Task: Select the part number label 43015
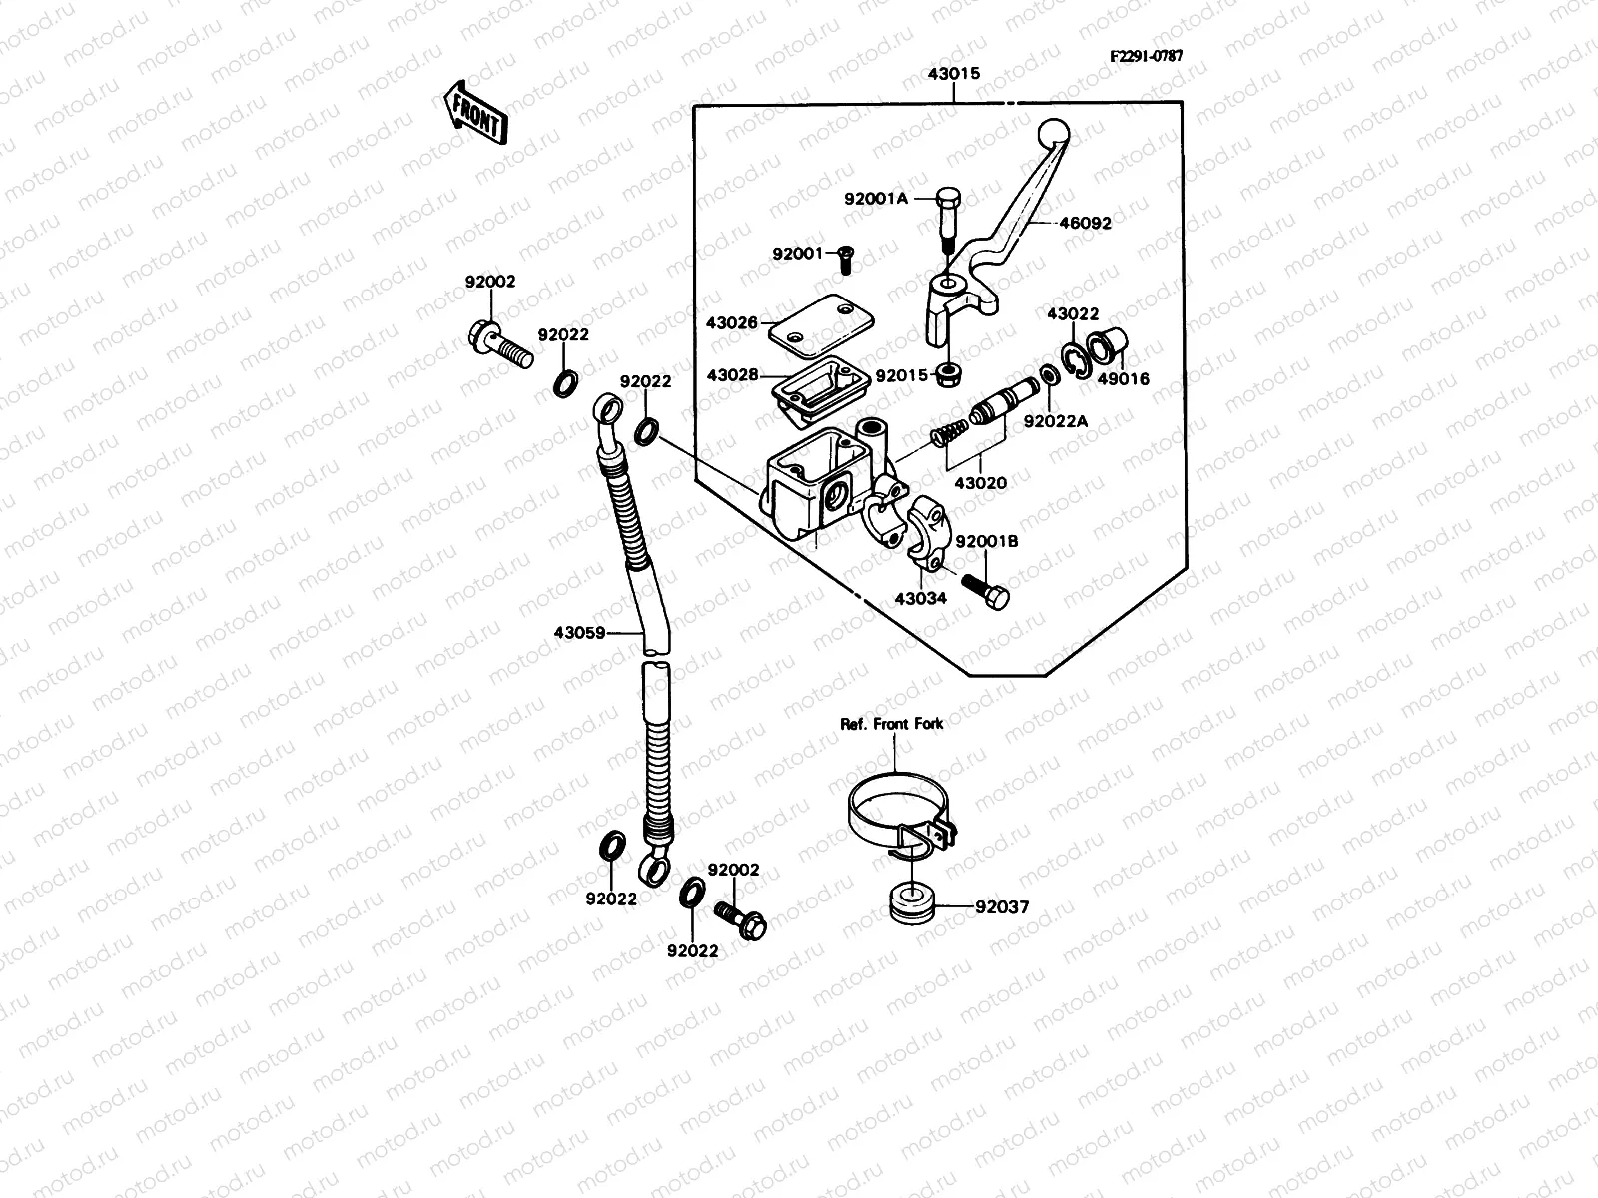953,74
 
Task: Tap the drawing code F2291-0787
1146,56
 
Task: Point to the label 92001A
875,199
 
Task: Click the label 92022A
1055,421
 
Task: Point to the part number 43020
980,483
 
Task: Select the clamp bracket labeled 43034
921,531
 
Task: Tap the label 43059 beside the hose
581,632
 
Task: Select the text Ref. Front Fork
891,723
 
